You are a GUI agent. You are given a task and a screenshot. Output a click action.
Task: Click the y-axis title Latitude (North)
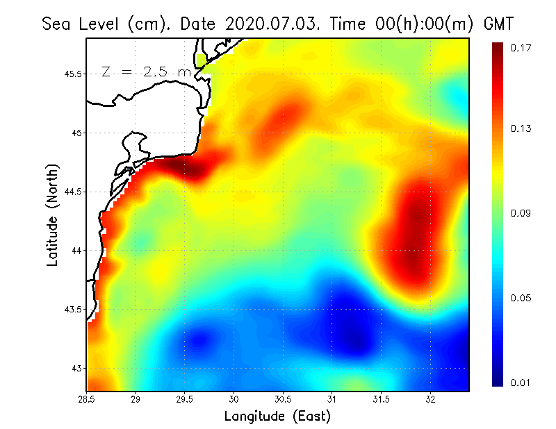coord(52,215)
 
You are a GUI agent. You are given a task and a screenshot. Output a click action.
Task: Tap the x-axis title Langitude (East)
coord(277,417)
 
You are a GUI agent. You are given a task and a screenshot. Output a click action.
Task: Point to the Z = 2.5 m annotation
coord(146,71)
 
